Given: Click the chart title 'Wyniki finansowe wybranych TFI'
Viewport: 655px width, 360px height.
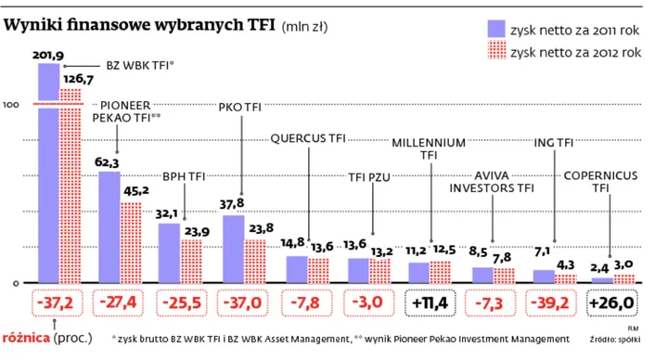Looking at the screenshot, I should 139,25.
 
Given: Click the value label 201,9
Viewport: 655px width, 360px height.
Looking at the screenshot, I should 48,57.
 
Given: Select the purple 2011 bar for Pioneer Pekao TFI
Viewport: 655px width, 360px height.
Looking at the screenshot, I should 109,227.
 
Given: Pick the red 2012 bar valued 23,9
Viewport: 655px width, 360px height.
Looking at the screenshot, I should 192,261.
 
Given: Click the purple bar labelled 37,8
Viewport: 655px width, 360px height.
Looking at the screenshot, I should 234,249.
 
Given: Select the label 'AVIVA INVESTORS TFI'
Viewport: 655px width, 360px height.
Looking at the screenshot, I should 493,181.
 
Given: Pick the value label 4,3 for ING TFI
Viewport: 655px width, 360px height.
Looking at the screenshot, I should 564,264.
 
